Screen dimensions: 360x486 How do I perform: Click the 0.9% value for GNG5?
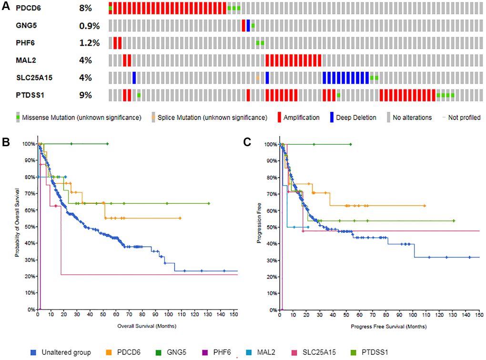click(89, 25)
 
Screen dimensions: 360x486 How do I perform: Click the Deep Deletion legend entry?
click(356, 117)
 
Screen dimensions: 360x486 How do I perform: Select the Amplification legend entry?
click(301, 117)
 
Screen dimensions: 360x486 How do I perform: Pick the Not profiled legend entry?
click(461, 117)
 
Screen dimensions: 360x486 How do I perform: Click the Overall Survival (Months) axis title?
click(137, 327)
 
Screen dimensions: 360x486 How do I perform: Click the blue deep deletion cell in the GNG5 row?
click(248, 25)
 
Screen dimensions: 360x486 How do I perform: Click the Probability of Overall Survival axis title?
click(17, 226)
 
